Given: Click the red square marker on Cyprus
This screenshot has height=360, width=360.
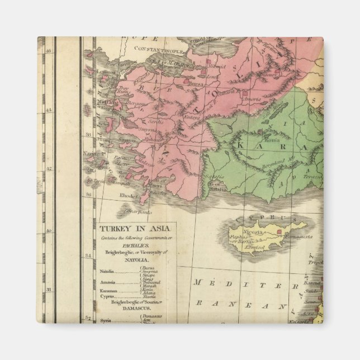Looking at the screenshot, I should click(x=280, y=230).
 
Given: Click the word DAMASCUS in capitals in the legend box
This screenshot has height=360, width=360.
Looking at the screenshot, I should click(x=131, y=309).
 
